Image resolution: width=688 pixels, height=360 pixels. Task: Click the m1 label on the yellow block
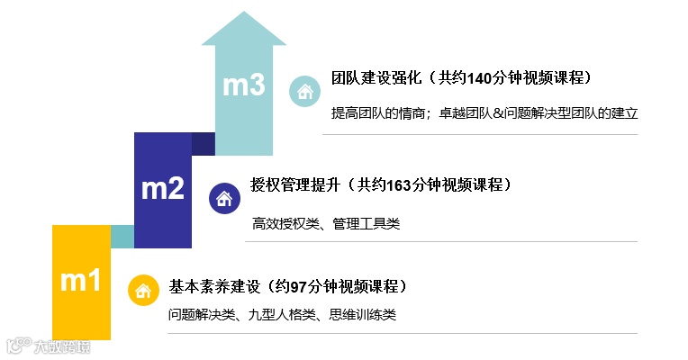80,281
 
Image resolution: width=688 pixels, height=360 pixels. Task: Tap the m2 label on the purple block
163,188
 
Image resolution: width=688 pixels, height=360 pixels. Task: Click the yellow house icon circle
142,290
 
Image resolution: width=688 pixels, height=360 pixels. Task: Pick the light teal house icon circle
303,91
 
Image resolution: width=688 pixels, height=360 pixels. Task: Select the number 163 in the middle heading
400,185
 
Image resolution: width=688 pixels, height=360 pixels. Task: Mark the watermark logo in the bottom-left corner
48,346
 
